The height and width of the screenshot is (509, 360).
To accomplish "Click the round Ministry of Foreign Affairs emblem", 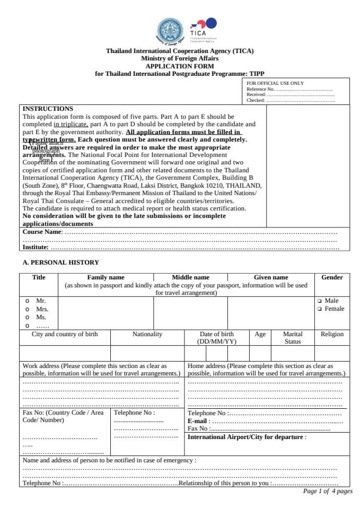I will [x=170, y=31].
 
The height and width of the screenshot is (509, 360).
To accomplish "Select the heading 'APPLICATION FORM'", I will [x=180, y=66].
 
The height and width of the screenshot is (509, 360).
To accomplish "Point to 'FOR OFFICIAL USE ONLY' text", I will [x=275, y=83].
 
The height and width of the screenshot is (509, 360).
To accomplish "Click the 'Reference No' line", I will [x=289, y=89].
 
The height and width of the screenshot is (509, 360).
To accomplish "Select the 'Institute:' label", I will [x=36, y=247].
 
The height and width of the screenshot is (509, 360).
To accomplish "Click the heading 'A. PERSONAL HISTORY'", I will [x=60, y=262].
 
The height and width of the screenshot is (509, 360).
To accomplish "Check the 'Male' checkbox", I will [x=320, y=301].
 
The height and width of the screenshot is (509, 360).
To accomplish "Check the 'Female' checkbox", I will [x=320, y=309].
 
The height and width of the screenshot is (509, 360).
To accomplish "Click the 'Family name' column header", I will [x=106, y=277].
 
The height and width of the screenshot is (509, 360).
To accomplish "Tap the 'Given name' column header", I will [x=270, y=277].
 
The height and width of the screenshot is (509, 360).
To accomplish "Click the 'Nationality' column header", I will [x=147, y=335].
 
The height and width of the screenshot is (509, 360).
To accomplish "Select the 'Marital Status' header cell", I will [x=293, y=338].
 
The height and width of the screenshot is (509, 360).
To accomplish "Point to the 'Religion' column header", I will [x=332, y=335].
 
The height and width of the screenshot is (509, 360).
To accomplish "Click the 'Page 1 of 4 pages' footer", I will [x=327, y=492].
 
